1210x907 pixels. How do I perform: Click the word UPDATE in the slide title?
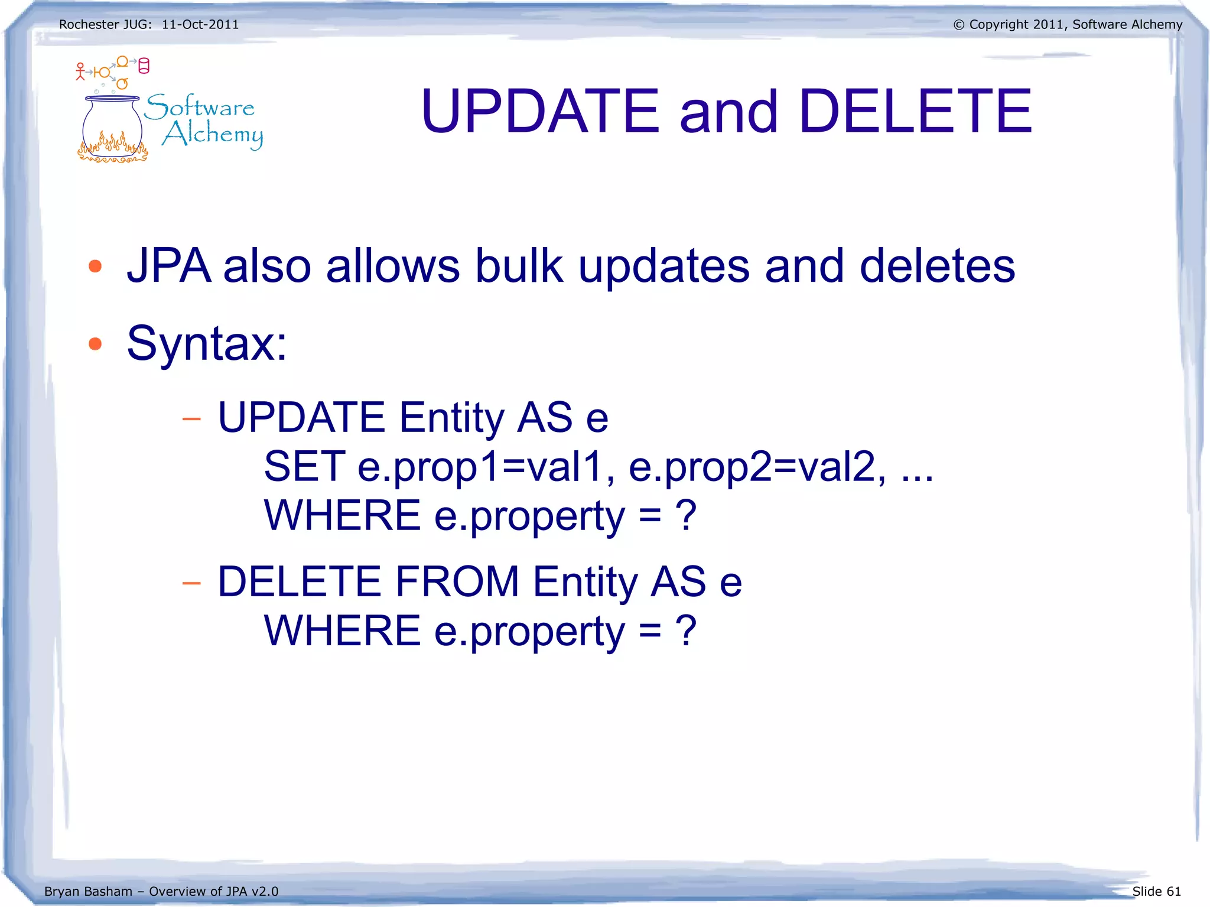[539, 111]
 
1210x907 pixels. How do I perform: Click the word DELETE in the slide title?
[915, 111]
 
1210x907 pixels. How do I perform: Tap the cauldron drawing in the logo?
[112, 130]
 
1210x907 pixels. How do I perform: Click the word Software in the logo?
[200, 107]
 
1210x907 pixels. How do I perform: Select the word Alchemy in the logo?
[213, 134]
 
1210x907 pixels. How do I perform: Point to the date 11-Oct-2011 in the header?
[200, 25]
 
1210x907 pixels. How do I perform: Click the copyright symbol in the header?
[959, 25]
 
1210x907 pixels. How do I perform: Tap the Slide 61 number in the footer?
[1156, 891]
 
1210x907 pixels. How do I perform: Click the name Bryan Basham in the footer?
[88, 891]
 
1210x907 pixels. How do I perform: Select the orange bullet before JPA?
[95, 266]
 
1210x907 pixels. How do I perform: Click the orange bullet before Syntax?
[95, 343]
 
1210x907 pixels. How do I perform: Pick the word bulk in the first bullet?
[519, 266]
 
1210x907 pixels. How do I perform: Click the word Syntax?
[207, 343]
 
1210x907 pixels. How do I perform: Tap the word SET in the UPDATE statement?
[304, 466]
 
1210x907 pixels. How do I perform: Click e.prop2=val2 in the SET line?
[757, 467]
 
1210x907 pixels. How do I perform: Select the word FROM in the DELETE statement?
[457, 581]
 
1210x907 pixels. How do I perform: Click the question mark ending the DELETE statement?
[686, 630]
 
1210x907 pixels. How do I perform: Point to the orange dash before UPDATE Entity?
[191, 420]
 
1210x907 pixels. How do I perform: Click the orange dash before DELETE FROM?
[191, 584]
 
